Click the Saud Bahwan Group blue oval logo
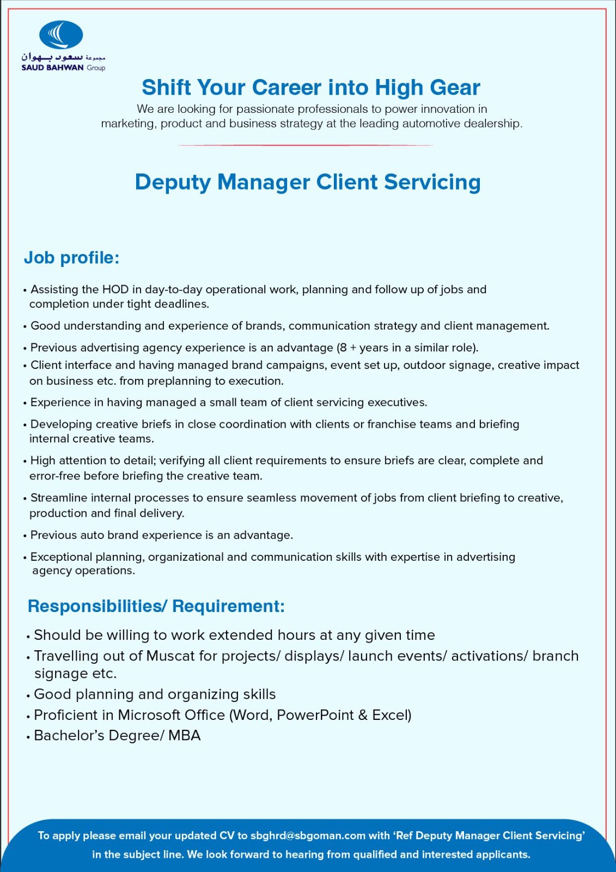coord(61,35)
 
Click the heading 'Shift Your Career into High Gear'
coord(310,87)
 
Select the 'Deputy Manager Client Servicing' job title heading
coord(308,182)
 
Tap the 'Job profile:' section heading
coord(71,257)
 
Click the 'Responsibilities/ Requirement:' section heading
coord(156,606)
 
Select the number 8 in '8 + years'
coord(343,348)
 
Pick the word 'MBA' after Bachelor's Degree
coord(185,735)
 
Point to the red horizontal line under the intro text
coord(305,146)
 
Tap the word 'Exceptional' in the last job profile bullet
coord(60,557)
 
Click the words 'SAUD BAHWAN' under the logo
coord(52,68)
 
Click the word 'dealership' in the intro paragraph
coord(492,124)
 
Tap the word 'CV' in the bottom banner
coord(227,835)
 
